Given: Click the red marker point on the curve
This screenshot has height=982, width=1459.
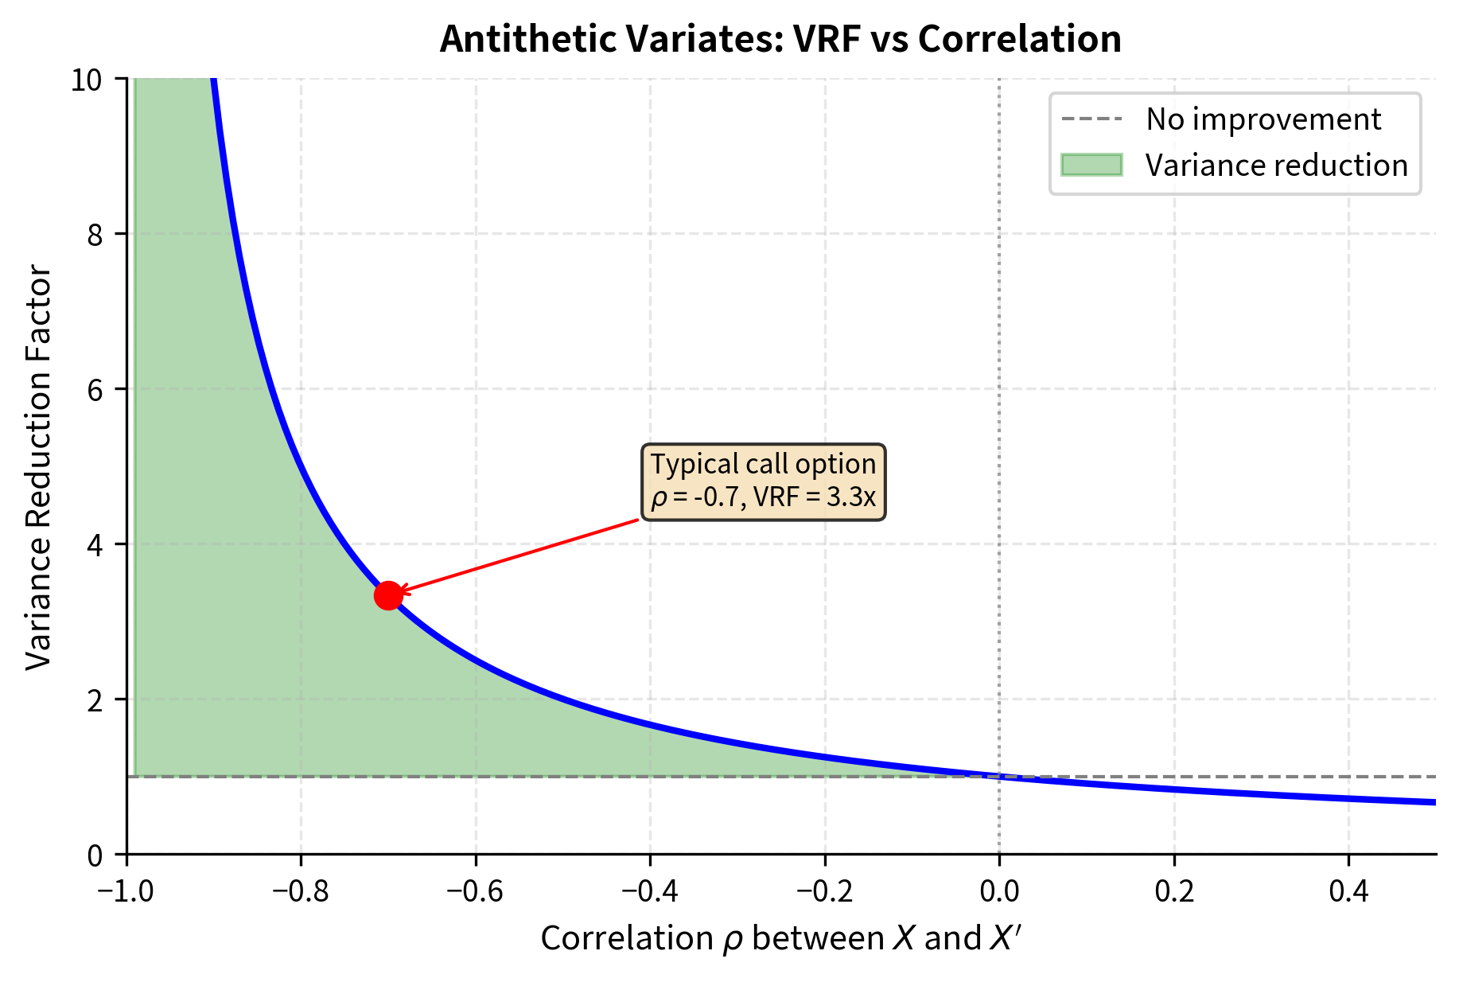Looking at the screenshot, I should [387, 594].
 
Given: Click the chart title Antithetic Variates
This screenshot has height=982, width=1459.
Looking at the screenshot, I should [780, 39].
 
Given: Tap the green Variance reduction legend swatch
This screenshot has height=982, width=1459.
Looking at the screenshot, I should [1091, 165].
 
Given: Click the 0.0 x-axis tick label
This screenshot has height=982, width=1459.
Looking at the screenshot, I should [999, 890].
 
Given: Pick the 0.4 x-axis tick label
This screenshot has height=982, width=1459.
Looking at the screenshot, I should [1348, 890].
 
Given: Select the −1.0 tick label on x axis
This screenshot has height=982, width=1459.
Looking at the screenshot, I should [126, 890].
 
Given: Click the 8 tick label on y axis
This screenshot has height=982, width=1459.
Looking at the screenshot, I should [95, 235].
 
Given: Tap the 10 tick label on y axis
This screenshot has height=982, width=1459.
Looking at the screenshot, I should [87, 80].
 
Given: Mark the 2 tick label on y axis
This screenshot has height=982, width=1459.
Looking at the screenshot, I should [95, 700].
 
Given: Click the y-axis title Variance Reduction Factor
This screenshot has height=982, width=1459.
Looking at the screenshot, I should [38, 468].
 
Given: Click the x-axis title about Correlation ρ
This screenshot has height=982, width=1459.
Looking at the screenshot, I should [780, 938].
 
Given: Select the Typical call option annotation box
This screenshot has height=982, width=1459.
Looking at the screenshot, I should [763, 481].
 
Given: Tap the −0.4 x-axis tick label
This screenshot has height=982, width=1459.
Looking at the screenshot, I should [649, 890].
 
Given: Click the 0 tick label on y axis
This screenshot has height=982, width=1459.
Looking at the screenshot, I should [95, 855].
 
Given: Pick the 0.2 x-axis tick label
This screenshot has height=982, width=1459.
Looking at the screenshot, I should [1174, 890].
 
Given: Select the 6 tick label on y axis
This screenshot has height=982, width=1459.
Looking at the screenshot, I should [95, 390].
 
